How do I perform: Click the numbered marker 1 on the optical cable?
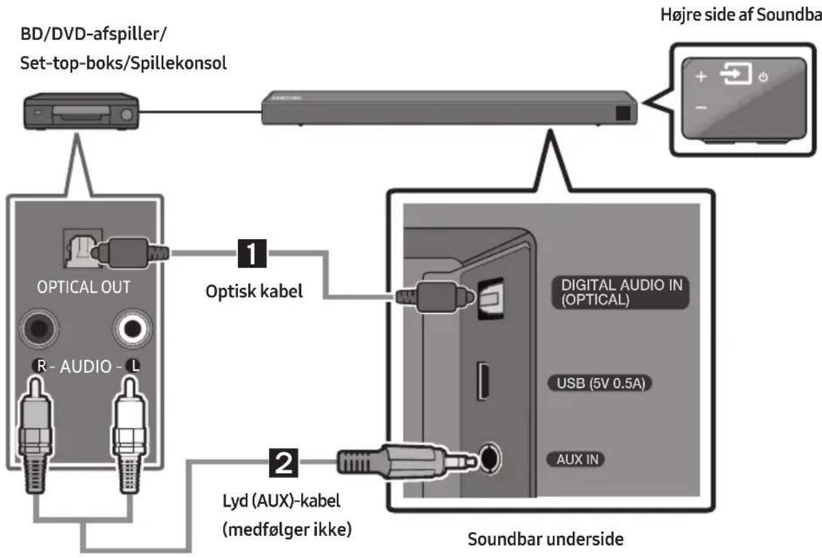coord(252,253)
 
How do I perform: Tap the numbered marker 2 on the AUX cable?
coord(284,463)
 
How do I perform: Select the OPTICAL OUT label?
coord(84,287)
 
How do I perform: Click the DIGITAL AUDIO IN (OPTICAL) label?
coord(620,292)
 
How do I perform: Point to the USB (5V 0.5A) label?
coord(600,383)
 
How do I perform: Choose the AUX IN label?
coord(577,459)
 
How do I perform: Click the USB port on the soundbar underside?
coord(483,381)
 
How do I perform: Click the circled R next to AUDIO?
coord(40,366)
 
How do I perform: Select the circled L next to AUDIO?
coord(133,366)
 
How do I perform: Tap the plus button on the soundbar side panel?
coord(701,77)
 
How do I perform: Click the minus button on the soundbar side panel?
coord(701,108)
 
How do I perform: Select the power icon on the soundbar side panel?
coord(763,77)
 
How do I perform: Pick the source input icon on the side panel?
coord(736,73)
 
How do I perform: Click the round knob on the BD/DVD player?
coord(127,115)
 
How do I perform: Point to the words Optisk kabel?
coord(254,292)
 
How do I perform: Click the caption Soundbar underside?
coord(546,539)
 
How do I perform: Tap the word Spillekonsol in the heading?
coord(179,63)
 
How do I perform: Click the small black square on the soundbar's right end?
coord(623,113)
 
